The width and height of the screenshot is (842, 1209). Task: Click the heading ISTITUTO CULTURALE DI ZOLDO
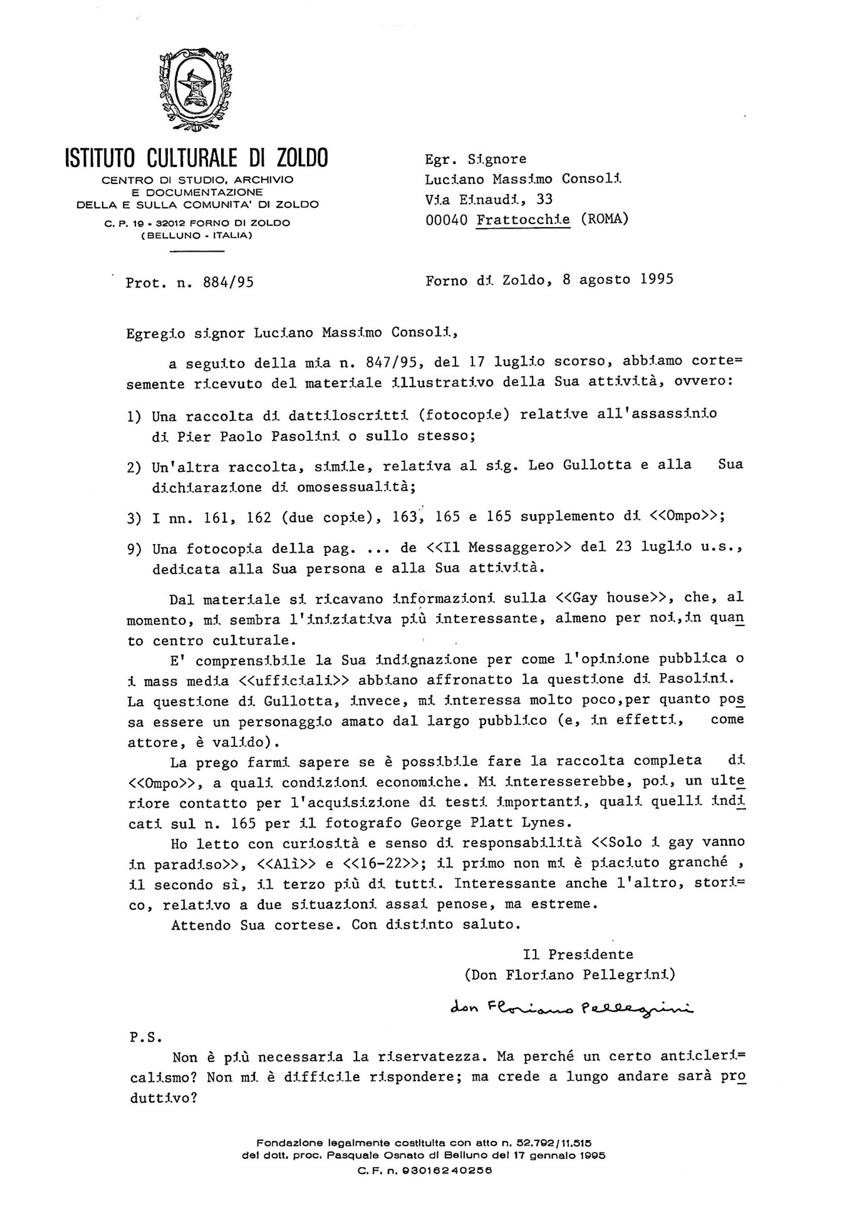[x=196, y=158]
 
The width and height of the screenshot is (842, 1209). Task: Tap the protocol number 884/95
[x=229, y=282]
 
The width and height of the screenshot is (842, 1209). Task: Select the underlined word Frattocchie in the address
[x=523, y=220]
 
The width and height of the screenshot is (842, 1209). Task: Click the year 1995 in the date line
[x=657, y=279]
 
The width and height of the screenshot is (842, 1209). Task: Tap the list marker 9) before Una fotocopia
[x=134, y=549]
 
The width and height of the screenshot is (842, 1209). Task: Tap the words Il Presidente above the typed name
[x=578, y=955]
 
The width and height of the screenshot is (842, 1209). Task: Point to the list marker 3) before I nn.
[x=134, y=517]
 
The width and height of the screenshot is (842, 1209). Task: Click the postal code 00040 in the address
[x=447, y=220]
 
